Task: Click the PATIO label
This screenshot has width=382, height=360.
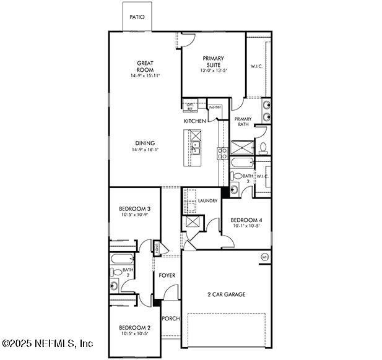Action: pyautogui.click(x=137, y=17)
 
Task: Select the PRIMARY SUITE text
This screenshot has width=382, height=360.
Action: pyautogui.click(x=213, y=62)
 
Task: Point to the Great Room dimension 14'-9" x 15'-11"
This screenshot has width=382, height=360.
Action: pyautogui.click(x=145, y=76)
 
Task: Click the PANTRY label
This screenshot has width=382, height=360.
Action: pyautogui.click(x=215, y=108)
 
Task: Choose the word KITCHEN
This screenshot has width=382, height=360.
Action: pyautogui.click(x=194, y=121)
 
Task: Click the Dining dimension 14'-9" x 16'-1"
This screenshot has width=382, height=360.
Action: pyautogui.click(x=145, y=150)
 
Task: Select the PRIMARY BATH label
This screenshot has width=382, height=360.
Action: pyautogui.click(x=243, y=121)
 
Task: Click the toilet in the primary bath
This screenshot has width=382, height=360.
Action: pyautogui.click(x=263, y=148)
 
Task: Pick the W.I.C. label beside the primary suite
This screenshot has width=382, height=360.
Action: pyautogui.click(x=258, y=66)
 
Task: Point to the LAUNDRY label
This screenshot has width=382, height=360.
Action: pyautogui.click(x=207, y=201)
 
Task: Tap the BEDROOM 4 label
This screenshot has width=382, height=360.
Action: pyautogui.click(x=246, y=220)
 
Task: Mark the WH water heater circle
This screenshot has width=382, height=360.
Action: pyautogui.click(x=265, y=257)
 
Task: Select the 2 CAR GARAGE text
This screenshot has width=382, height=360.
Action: pyautogui.click(x=226, y=294)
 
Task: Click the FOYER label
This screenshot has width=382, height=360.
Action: pyautogui.click(x=167, y=275)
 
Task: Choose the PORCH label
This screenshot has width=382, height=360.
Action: pyautogui.click(x=171, y=319)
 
